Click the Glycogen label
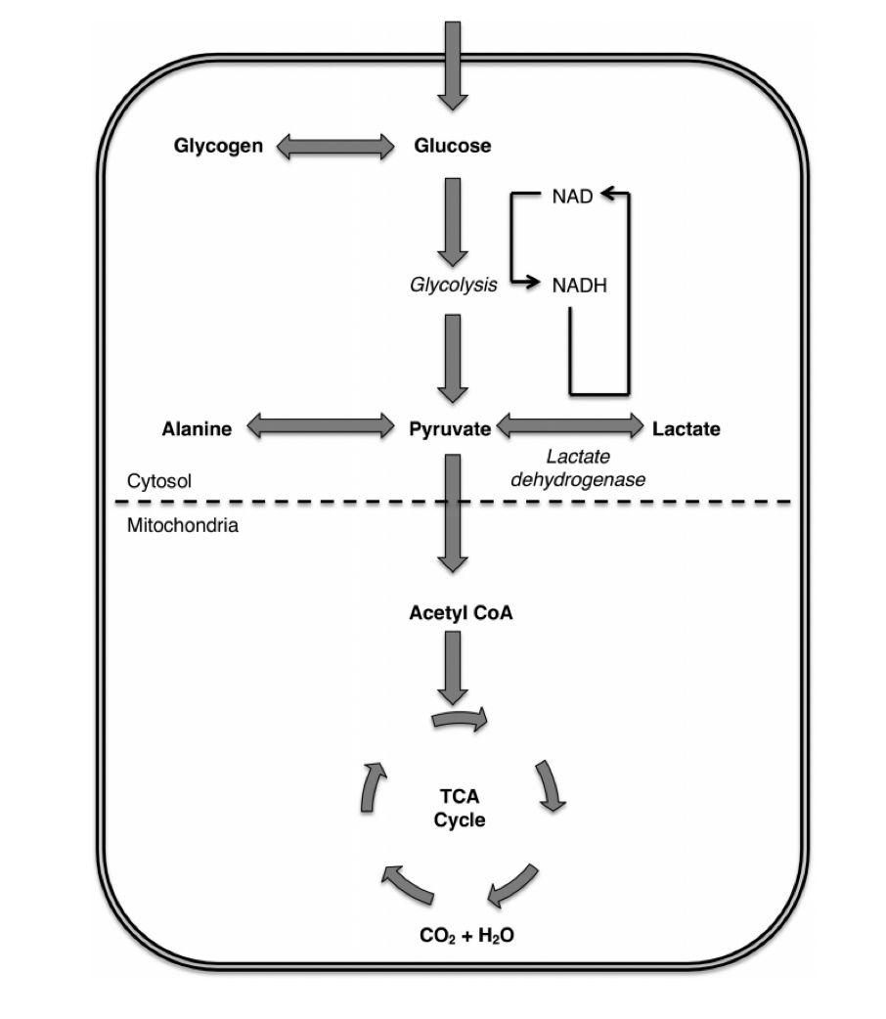(218, 147)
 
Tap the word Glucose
(452, 147)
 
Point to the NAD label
(572, 197)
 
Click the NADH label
(580, 286)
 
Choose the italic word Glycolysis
(452, 286)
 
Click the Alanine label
(197, 428)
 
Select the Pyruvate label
(450, 428)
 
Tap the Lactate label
(686, 428)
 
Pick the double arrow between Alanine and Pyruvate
(319, 425)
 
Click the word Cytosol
(159, 481)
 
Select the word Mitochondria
(183, 525)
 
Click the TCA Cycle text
(460, 809)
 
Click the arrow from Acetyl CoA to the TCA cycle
(452, 667)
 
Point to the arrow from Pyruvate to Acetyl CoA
(452, 513)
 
